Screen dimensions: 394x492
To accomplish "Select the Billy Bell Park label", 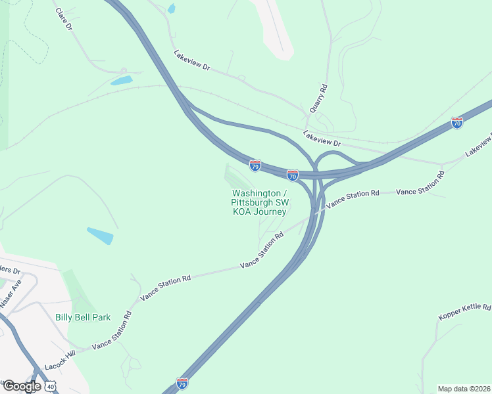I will (x=83, y=317).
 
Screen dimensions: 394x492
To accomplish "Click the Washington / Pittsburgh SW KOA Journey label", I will (x=259, y=202).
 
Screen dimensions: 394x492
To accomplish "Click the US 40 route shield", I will (x=51, y=386).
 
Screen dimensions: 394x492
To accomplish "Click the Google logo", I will (x=21, y=386).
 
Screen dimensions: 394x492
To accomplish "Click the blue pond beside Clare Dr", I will (x=121, y=81).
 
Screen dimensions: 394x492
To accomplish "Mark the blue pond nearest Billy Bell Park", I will (x=100, y=236).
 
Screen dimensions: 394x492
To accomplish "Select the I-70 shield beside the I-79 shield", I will (x=293, y=175).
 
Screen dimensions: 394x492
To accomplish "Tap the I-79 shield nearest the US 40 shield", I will (x=182, y=383).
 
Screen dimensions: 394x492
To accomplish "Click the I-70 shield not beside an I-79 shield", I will (x=457, y=123).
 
